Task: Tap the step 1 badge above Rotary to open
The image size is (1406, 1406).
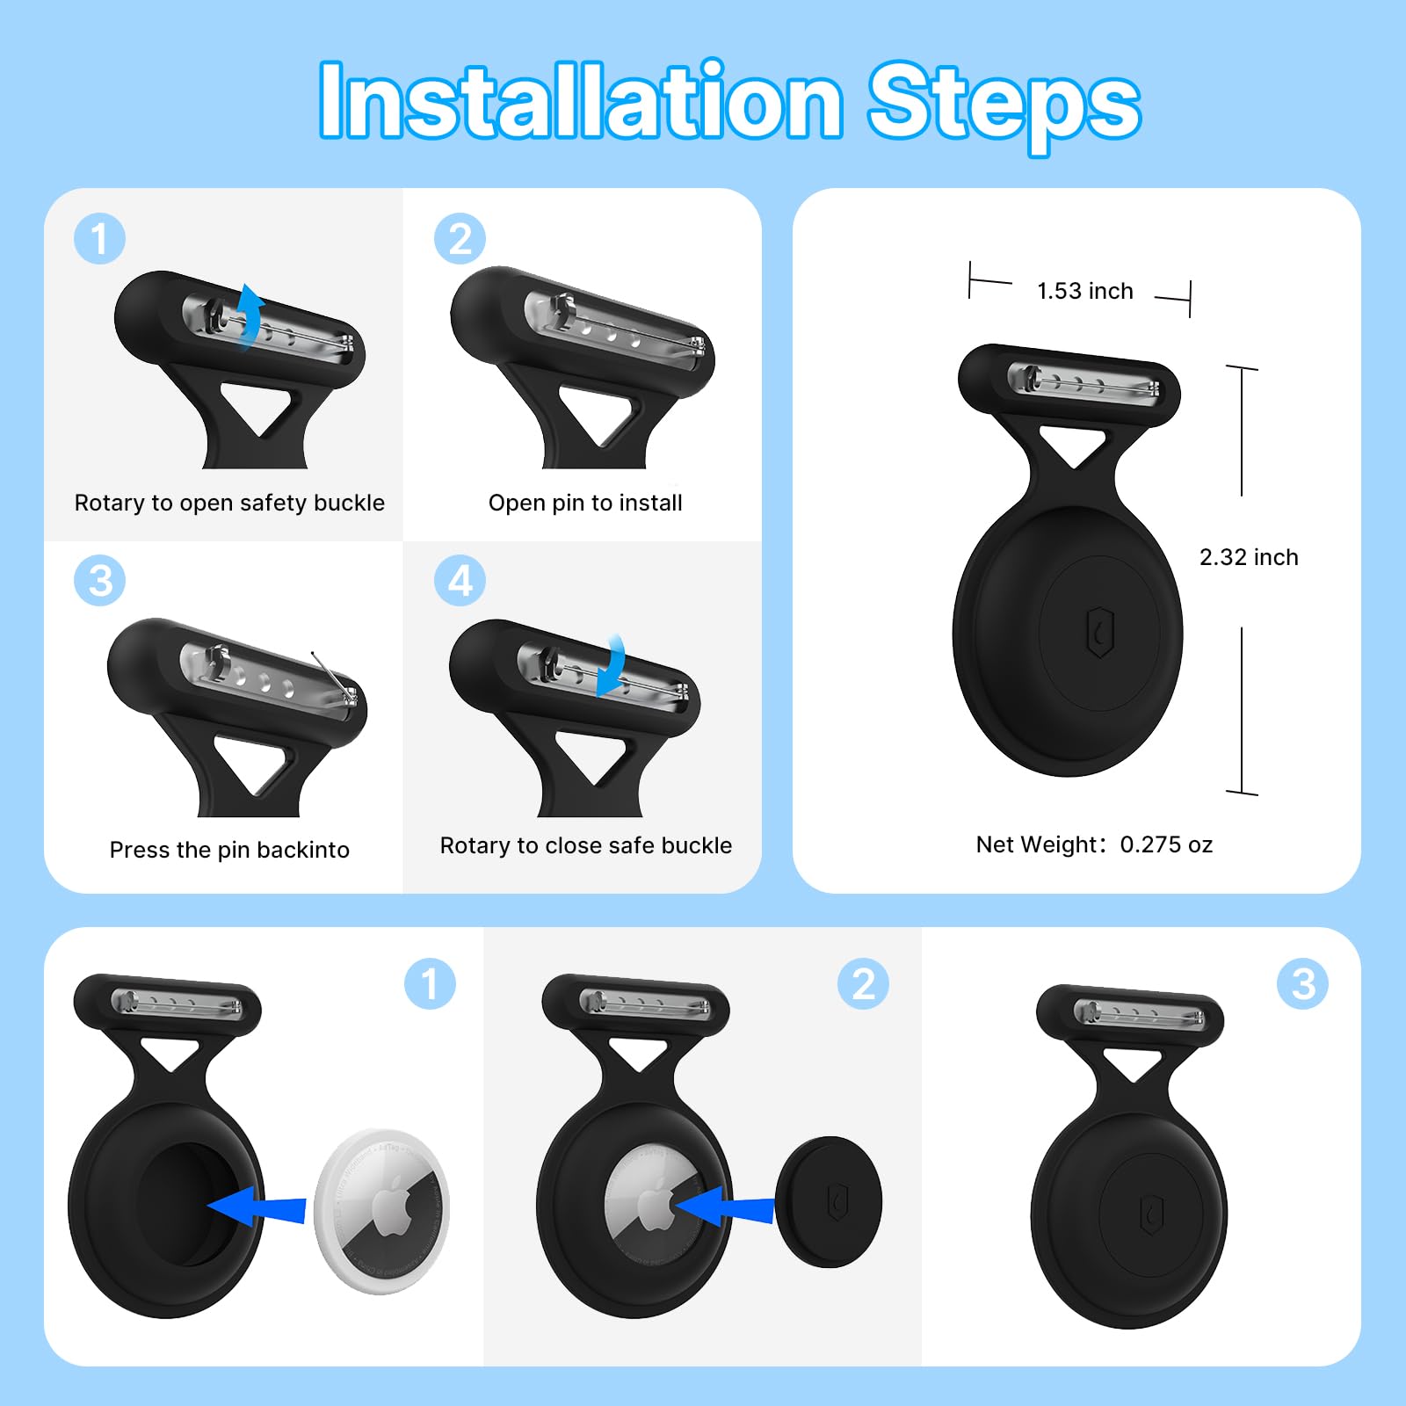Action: click(99, 239)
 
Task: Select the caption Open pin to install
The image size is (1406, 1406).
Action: click(585, 503)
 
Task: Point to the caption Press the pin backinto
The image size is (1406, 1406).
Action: click(229, 850)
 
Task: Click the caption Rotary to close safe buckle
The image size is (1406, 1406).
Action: click(585, 845)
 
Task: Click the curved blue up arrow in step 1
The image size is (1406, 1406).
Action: click(250, 316)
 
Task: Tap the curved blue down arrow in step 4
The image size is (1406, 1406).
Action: click(612, 666)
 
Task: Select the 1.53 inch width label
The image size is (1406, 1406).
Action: click(1084, 291)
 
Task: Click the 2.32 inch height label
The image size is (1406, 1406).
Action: click(1248, 557)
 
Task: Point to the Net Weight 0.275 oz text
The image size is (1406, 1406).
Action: click(1094, 844)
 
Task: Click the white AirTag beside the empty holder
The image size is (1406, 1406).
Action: click(382, 1211)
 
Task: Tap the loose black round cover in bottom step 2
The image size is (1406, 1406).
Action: click(829, 1201)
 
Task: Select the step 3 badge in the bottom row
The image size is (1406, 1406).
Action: click(1302, 983)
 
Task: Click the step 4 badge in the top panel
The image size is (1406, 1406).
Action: click(460, 581)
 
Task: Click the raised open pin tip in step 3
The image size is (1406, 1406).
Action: click(316, 657)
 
